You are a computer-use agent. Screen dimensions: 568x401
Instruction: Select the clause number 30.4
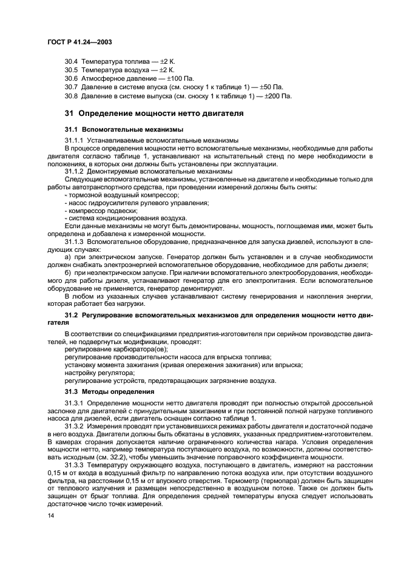[72, 61]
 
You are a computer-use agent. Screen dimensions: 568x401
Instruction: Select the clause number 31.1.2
[75, 171]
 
